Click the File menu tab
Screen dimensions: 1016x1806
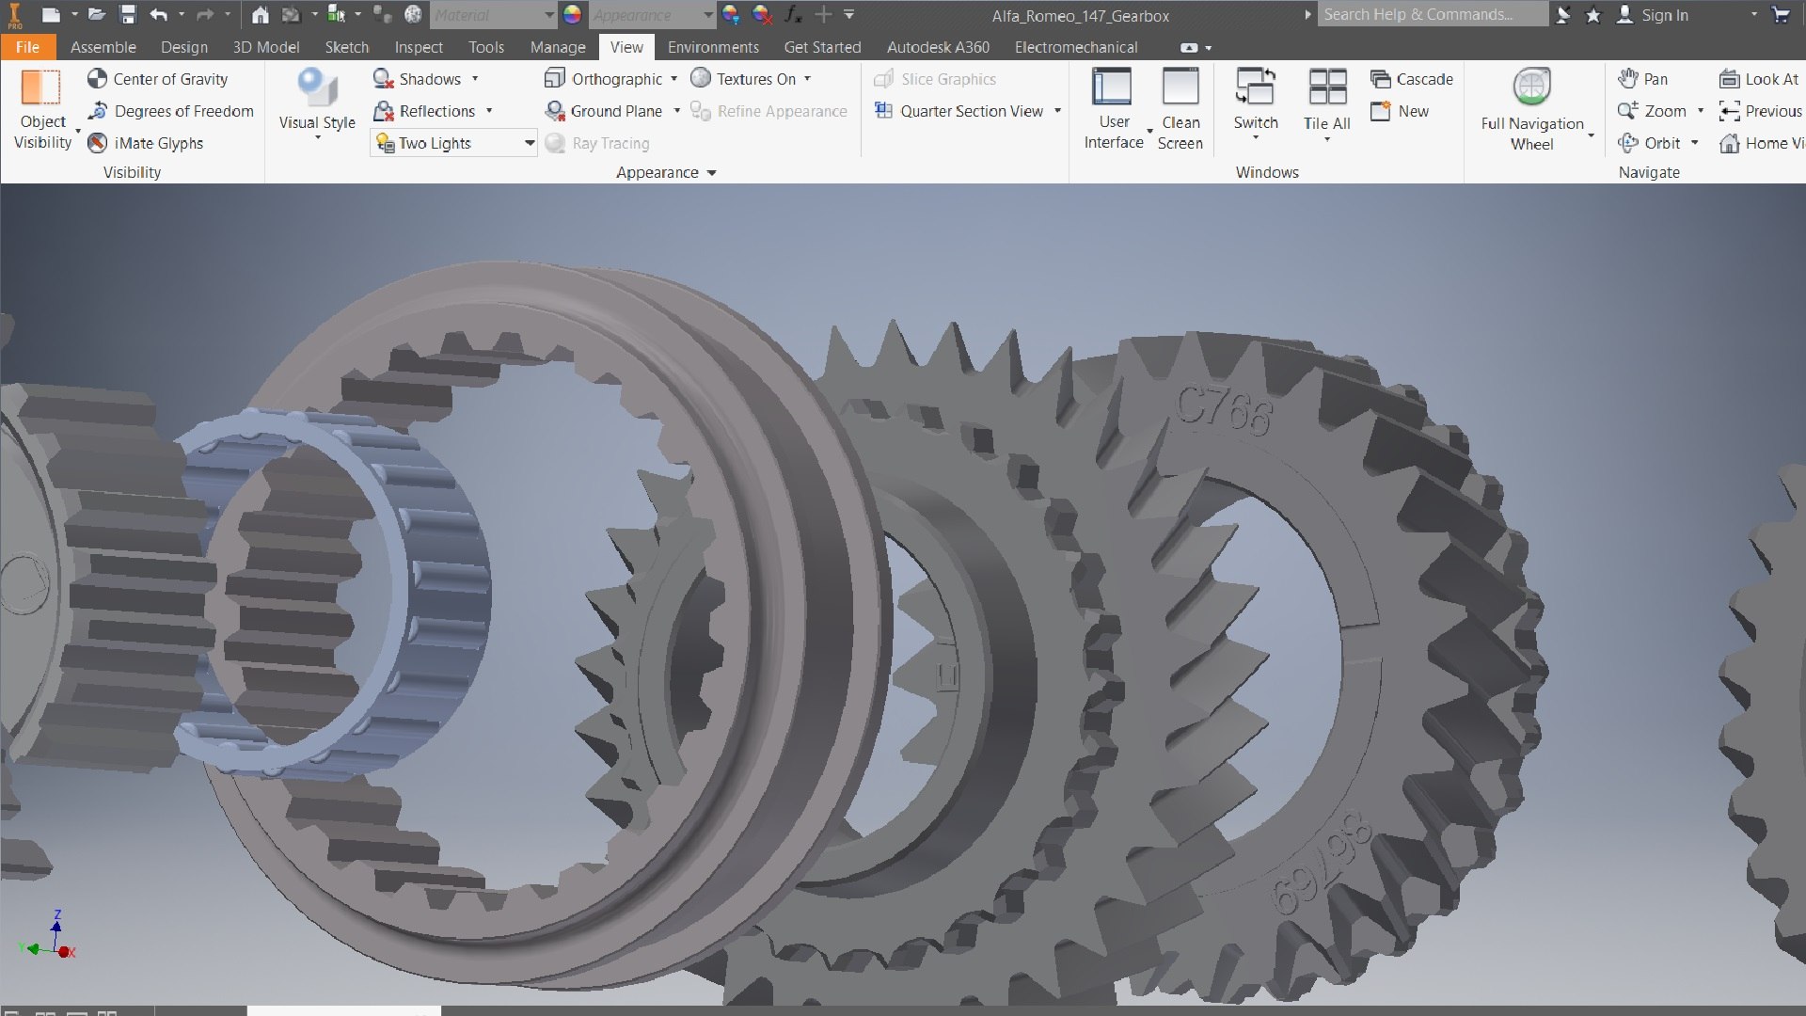[x=27, y=47]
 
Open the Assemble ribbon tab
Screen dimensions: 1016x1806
[x=103, y=47]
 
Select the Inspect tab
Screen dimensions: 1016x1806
[x=418, y=47]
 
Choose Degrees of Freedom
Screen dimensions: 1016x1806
[x=171, y=111]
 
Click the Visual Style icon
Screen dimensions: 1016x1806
[x=317, y=88]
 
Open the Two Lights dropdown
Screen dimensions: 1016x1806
[x=530, y=143]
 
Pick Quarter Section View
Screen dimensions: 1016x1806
[x=960, y=111]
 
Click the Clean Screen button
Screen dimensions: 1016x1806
[x=1180, y=108]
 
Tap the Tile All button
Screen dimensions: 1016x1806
[x=1326, y=101]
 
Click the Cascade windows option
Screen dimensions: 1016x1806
[x=1413, y=79]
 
